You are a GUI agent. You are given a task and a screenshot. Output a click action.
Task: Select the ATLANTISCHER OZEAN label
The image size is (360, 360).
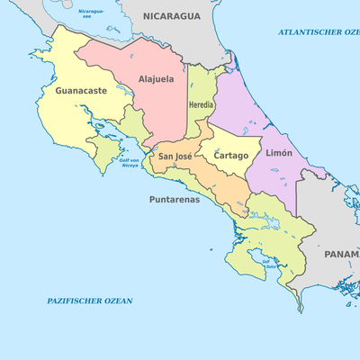point(319,31)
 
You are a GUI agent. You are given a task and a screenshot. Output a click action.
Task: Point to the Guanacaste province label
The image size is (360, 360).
point(81,91)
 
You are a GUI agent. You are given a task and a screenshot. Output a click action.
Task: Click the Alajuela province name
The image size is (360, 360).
point(156,79)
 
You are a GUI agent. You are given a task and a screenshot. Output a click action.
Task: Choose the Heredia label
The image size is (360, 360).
point(202,105)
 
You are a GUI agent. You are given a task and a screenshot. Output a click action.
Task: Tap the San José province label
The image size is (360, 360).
point(175,157)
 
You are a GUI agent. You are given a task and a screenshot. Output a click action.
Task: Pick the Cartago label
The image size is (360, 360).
point(230,156)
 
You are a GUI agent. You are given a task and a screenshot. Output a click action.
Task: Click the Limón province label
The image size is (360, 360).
point(279,154)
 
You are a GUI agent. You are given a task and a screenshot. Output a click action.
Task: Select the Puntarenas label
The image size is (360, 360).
point(174,199)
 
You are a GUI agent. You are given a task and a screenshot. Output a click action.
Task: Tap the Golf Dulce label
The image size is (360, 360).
point(267,264)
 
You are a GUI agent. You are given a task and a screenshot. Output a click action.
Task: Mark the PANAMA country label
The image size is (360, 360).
point(341,255)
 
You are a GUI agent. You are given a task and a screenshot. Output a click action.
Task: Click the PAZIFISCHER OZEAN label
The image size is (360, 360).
point(90,300)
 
